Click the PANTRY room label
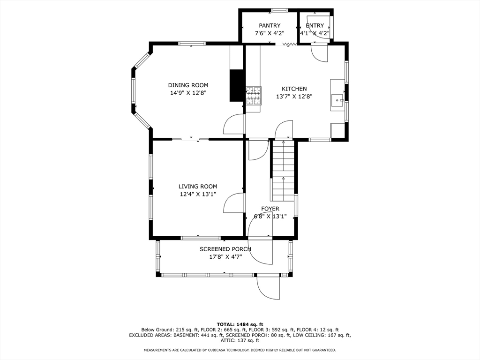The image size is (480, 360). pos(270,26)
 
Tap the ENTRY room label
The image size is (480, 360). pos(315,26)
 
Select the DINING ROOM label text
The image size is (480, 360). pos(188,85)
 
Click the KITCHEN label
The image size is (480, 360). pos(294,89)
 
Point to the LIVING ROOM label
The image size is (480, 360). pos(198,187)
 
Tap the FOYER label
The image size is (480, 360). pos(270,209)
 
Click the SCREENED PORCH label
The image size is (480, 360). pos(225,249)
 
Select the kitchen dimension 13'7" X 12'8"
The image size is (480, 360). pos(294,97)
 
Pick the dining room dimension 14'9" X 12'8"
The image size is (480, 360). pos(188,93)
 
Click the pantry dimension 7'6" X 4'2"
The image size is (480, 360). pos(270,33)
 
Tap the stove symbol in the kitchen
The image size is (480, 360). pos(253,96)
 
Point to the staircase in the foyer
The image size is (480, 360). pos(283,170)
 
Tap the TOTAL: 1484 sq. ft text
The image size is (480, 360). pos(240,324)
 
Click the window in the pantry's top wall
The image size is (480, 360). pos(279,10)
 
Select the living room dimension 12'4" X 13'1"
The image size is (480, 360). pos(198,194)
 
